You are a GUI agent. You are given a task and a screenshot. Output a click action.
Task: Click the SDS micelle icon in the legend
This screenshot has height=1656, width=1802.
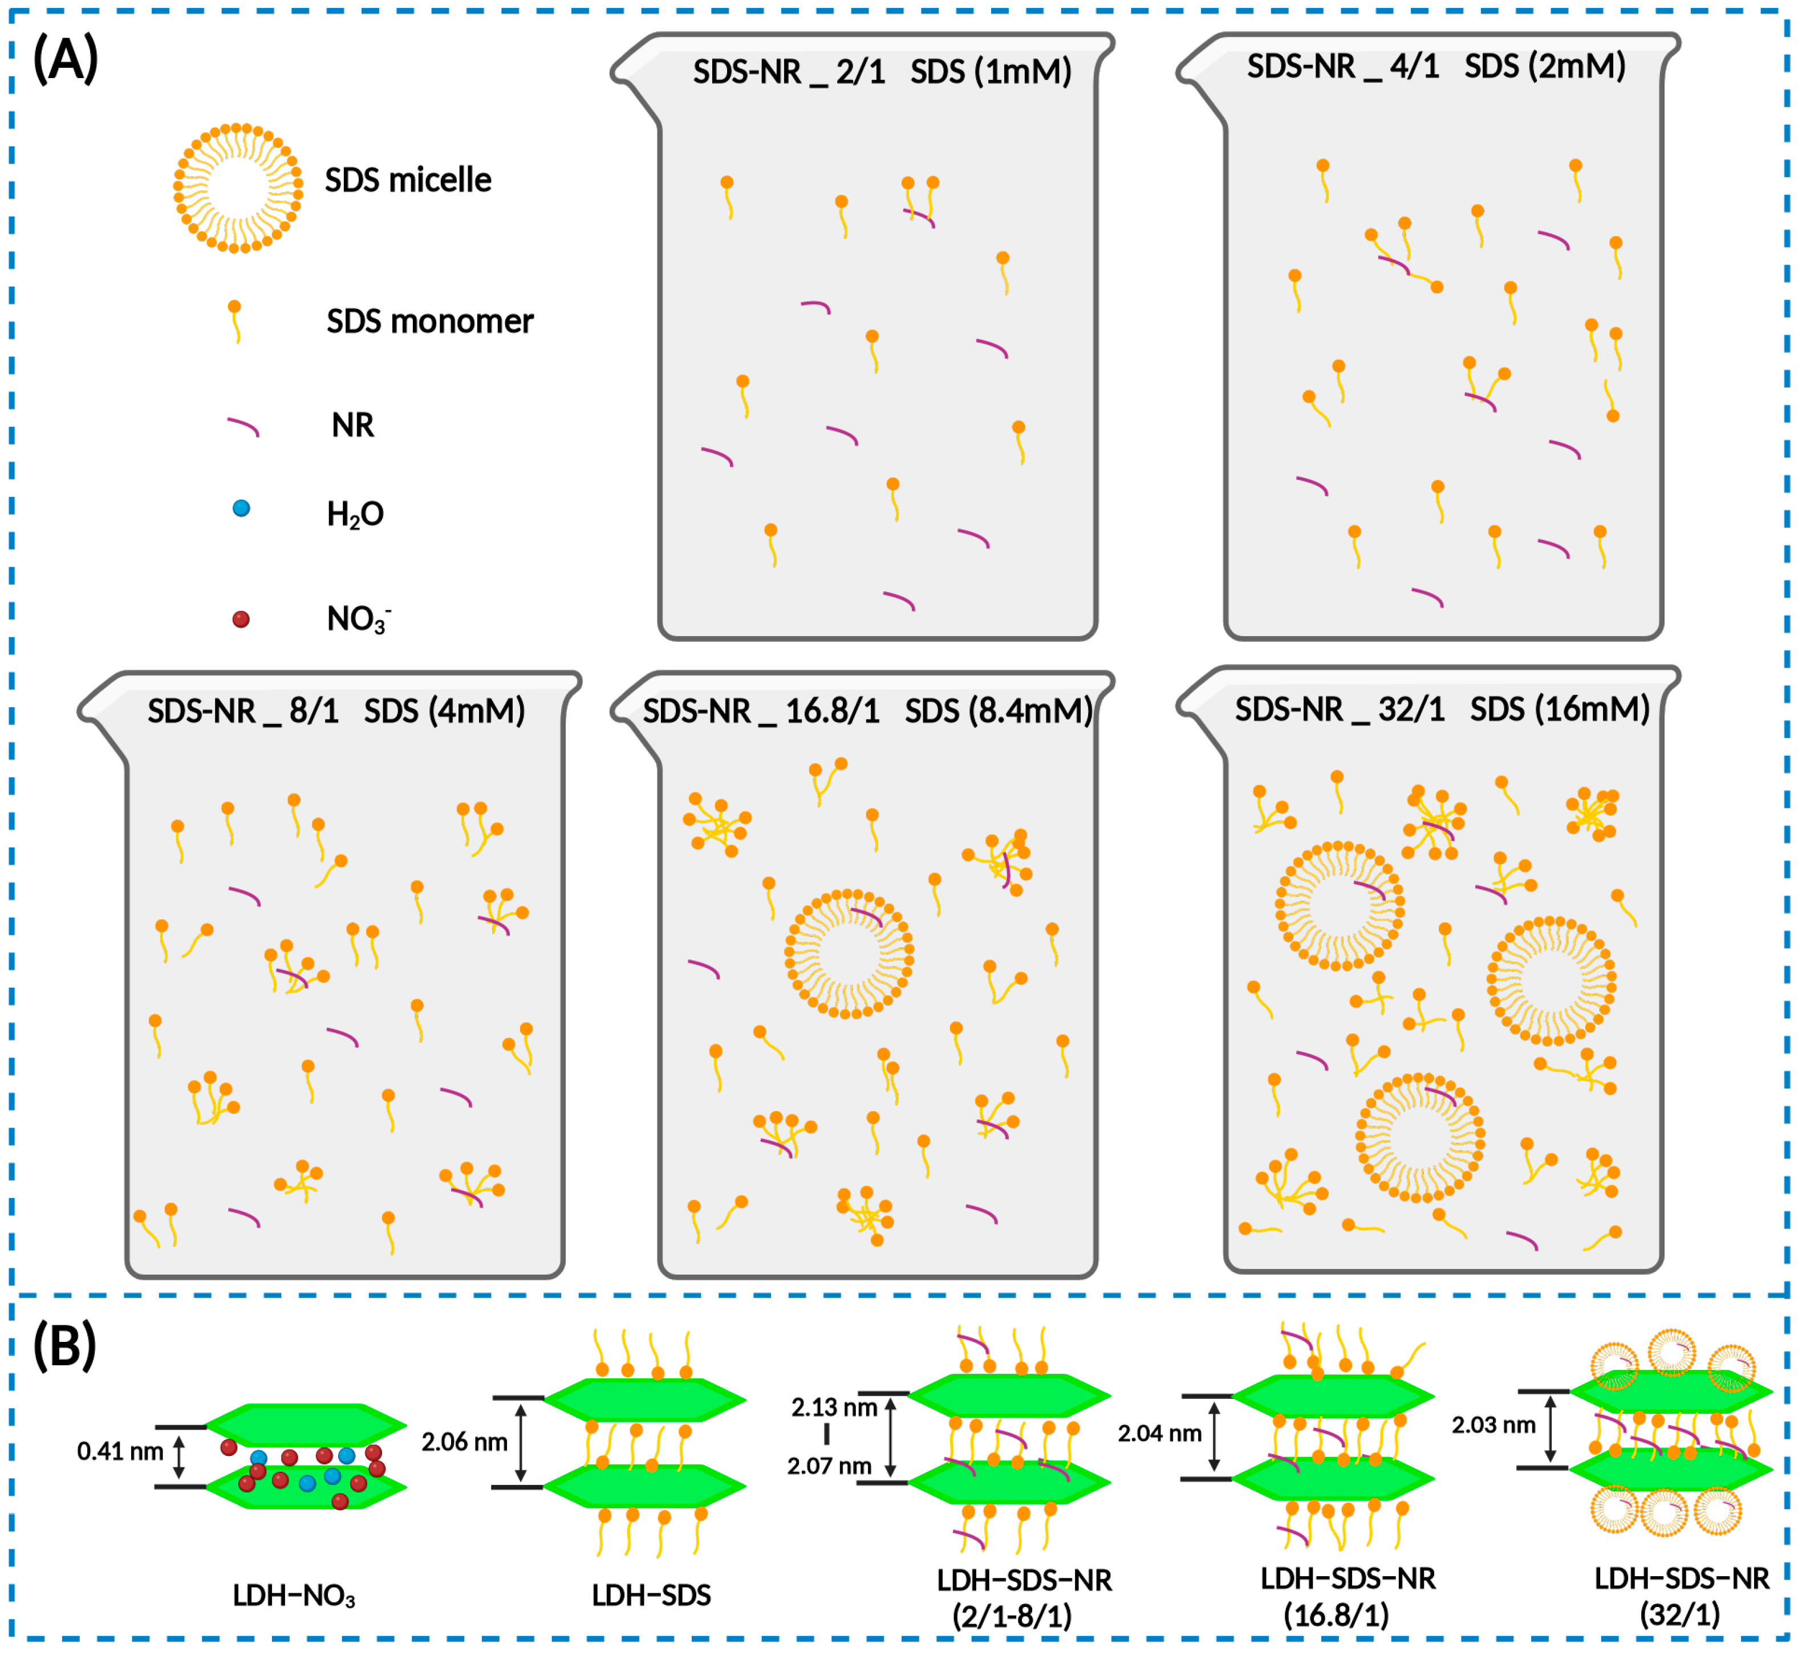(x=238, y=188)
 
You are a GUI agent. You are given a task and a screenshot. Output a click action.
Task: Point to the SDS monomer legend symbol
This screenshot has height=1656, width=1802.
(x=235, y=321)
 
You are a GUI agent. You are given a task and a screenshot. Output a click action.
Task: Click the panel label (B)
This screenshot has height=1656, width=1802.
(x=64, y=1346)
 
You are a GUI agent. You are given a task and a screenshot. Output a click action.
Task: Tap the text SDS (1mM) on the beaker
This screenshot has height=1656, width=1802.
(x=991, y=72)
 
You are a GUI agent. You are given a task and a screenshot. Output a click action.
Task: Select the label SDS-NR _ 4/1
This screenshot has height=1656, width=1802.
(x=1342, y=66)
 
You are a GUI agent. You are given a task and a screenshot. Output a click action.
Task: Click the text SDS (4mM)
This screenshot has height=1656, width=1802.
(x=444, y=711)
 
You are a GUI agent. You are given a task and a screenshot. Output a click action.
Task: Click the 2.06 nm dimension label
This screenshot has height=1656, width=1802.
(x=464, y=1442)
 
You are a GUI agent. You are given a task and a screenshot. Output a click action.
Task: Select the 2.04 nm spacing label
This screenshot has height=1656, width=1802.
(x=1159, y=1434)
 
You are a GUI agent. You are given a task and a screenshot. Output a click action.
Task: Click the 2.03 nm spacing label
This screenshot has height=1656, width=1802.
(x=1493, y=1425)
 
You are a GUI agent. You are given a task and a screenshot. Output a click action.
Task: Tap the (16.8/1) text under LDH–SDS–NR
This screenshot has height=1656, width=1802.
(x=1336, y=1616)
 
